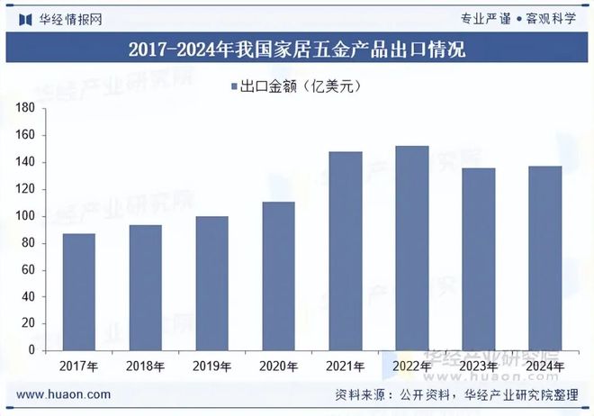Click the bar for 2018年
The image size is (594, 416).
tap(146, 287)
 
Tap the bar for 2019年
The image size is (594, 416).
tap(212, 283)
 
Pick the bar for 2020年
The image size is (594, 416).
tap(278, 276)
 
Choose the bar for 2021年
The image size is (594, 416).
tap(345, 250)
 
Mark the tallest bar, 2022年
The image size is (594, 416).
tap(411, 248)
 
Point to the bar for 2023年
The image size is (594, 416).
tap(478, 259)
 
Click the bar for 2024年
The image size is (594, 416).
tap(544, 258)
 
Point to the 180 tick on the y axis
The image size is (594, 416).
tap(25, 108)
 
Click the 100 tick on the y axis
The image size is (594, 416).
tap(25, 216)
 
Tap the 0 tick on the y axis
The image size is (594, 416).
tap(31, 350)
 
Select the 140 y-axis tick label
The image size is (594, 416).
tap(25, 162)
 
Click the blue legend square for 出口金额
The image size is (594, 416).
tap(232, 86)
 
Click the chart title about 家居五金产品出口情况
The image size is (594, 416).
tap(297, 50)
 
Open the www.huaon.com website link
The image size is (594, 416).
tap(65, 394)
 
